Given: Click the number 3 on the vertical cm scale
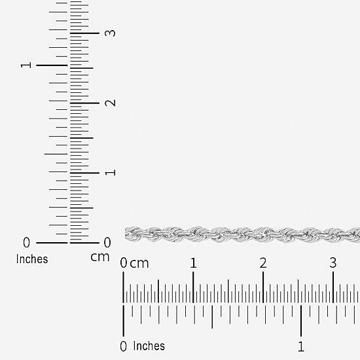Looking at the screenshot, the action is tap(110, 33).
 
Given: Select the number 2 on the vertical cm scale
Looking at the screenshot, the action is tap(110, 103).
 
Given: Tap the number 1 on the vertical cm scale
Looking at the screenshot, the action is tap(110, 172).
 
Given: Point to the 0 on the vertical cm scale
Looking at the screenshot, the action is tap(107, 242).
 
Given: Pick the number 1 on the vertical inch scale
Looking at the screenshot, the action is tap(26, 65).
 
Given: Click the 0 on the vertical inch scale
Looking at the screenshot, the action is tap(26, 242).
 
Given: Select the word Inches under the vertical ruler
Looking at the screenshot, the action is tap(32, 259).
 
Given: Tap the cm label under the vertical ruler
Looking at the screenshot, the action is tap(100, 257).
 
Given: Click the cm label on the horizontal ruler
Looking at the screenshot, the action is tap(139, 264).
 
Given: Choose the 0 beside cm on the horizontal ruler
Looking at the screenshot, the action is tap(124, 263).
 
